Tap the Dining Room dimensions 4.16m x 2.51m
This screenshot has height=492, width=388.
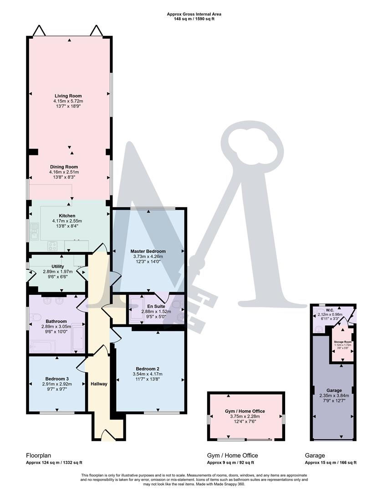[x=64, y=172]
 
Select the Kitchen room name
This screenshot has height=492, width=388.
[x=67, y=215]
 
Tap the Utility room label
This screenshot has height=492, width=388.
[x=58, y=266]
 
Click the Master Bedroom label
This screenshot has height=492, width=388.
[x=148, y=251]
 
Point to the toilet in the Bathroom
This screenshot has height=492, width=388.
[x=47, y=301]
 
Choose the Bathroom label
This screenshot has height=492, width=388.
[x=56, y=321]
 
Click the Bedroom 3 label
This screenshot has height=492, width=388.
[x=57, y=379]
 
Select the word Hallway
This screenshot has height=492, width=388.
[x=99, y=384]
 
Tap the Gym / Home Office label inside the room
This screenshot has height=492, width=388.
[x=245, y=411]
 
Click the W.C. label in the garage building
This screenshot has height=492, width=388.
[x=324, y=309]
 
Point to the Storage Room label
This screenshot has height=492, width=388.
[x=342, y=342]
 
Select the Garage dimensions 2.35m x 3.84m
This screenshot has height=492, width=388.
[x=334, y=395]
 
